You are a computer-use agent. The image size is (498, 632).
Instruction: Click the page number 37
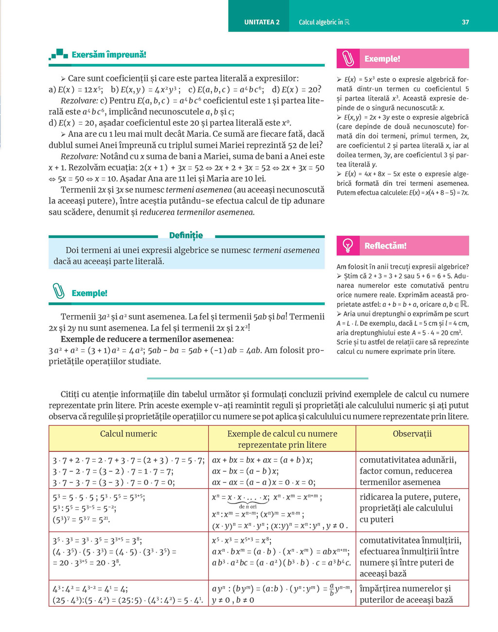pos(465,22)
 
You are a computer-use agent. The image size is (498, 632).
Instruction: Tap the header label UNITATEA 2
pos(262,22)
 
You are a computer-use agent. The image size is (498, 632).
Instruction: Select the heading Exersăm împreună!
pos(109,55)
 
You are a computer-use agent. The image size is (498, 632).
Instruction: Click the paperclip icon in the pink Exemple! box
pos(348,58)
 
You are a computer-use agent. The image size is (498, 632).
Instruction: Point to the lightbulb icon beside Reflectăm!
pos(348,245)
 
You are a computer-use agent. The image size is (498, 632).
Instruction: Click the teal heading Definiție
pos(186,236)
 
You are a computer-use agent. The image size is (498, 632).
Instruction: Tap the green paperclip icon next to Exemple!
pos(58,292)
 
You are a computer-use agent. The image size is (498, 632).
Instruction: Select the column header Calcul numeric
pos(128,434)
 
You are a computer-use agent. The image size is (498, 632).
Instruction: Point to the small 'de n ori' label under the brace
pos(248,507)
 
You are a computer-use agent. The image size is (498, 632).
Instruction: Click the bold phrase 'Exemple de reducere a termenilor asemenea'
pos(146,339)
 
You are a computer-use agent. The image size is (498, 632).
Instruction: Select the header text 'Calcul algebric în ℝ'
pos(324,22)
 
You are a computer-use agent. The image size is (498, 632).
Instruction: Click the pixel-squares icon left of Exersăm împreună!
pos(58,55)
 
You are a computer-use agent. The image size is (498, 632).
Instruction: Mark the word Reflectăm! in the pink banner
pos(385,246)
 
